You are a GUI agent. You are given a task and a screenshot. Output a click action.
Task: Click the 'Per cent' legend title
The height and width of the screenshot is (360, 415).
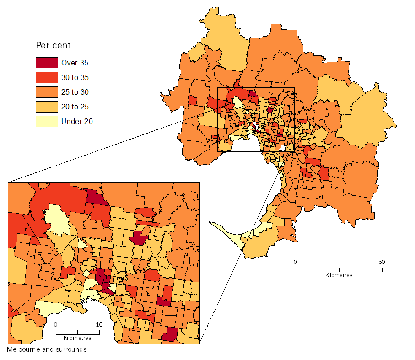(x=53, y=46)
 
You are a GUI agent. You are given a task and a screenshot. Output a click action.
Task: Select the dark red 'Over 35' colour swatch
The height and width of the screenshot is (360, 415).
(x=47, y=63)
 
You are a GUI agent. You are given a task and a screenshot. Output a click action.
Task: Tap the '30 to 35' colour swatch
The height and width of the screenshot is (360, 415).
(x=47, y=77)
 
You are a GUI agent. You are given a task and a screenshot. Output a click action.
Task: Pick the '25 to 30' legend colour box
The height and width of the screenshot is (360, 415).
(x=47, y=92)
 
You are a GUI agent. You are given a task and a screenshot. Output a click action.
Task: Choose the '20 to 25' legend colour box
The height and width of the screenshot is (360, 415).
(x=47, y=107)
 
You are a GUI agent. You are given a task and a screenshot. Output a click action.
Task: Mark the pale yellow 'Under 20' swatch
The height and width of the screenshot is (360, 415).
(x=47, y=121)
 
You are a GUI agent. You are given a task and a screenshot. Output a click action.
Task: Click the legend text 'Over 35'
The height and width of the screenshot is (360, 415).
(x=75, y=63)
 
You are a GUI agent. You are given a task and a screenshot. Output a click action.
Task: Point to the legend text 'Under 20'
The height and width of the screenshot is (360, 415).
(x=77, y=121)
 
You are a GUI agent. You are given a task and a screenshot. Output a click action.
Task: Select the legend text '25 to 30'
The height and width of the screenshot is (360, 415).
(x=75, y=92)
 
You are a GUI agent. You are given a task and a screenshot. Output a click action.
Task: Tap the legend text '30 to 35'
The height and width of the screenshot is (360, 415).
(x=75, y=77)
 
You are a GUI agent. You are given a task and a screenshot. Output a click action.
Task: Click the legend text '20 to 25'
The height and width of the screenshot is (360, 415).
(x=75, y=107)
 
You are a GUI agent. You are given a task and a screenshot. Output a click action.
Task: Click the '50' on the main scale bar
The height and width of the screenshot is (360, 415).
(x=382, y=262)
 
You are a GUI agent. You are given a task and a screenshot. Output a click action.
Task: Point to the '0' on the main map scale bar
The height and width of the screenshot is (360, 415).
(x=296, y=262)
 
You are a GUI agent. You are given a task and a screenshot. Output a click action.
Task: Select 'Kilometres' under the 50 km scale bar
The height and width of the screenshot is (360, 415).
(x=339, y=275)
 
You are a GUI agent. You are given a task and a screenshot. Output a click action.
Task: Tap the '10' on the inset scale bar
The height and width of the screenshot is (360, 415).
(x=99, y=324)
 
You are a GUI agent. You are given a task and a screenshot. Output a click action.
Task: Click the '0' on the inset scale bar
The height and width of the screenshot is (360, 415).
(x=56, y=324)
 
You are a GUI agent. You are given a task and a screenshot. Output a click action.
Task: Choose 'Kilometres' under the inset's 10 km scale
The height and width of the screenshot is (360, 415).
(x=77, y=338)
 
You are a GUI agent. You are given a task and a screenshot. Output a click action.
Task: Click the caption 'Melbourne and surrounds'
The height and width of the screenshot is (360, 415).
(x=47, y=349)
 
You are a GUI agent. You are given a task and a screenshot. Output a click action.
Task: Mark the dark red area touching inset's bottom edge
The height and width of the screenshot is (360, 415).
(x=169, y=335)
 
